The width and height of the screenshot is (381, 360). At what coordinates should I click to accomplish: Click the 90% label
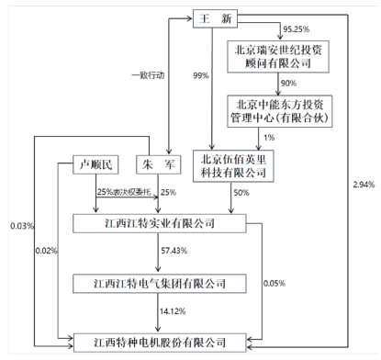[x=288, y=84]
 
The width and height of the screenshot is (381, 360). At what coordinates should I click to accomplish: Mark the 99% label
[x=200, y=75]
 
